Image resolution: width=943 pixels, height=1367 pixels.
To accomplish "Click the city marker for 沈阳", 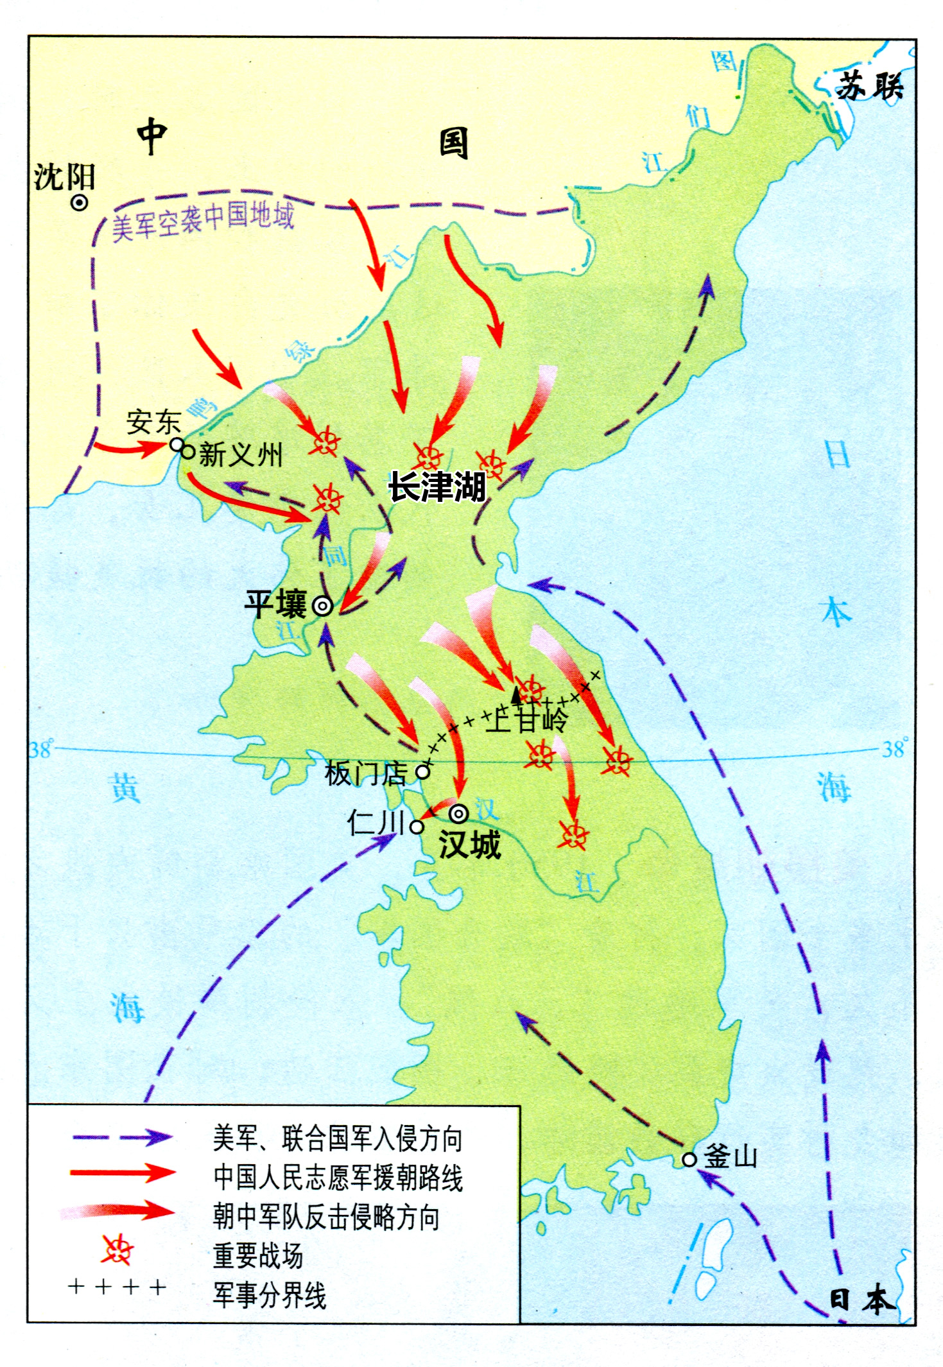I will click(x=79, y=203).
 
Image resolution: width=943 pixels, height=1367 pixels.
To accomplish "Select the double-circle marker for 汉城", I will click(x=458, y=814).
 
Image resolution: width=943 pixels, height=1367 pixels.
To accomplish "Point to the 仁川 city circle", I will click(x=417, y=827).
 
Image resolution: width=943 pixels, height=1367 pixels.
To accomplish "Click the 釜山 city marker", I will click(x=689, y=1160).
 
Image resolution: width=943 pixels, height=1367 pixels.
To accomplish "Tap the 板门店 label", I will click(x=365, y=773).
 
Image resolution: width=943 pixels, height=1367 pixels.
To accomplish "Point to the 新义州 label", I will click(x=241, y=454).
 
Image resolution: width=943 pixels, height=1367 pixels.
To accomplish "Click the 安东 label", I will click(x=153, y=422).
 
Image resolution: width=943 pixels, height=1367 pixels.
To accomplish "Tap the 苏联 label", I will click(x=870, y=85).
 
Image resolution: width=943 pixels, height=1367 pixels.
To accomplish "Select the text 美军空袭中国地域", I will click(x=203, y=220).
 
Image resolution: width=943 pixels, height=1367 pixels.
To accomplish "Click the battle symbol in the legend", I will click(x=117, y=1250).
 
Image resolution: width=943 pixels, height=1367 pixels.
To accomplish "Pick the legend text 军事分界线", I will click(x=270, y=1295).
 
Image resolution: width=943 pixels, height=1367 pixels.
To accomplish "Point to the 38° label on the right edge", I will click(x=895, y=748).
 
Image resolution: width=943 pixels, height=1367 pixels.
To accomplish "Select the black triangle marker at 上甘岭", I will click(x=516, y=694).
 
